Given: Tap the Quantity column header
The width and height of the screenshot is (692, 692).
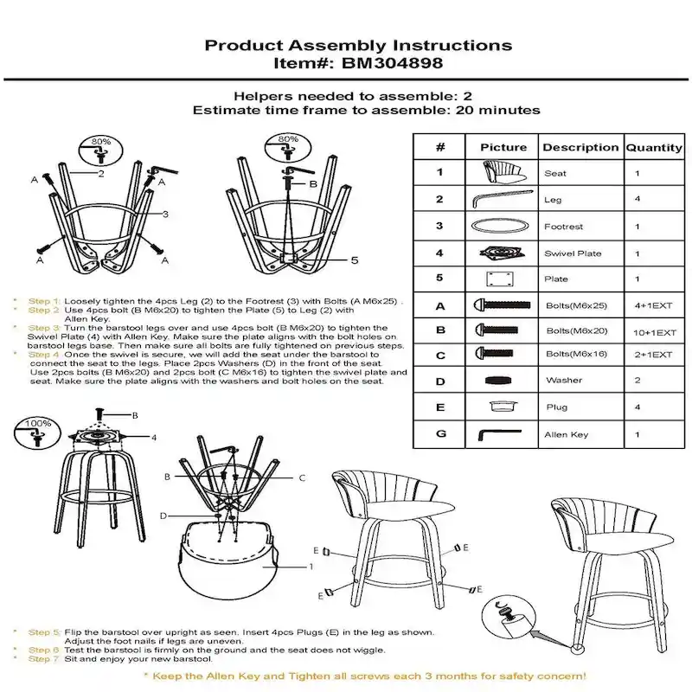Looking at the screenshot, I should point(653,147).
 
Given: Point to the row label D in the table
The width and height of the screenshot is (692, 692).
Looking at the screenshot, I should point(440,381).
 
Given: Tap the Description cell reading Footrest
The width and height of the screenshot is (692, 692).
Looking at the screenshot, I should point(563,227).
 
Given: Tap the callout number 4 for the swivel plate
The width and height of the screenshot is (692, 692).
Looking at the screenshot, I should point(153,438).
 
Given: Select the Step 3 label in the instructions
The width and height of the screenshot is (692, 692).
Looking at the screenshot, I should point(44,328).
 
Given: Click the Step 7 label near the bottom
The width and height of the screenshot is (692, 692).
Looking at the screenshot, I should point(44,659).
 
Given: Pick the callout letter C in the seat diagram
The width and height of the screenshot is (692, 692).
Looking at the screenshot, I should point(302,477).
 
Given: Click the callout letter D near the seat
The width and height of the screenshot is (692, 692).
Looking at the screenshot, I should point(163,516).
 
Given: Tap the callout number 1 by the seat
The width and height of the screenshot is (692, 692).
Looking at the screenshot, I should point(311,567).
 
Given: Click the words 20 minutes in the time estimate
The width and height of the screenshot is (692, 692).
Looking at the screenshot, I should point(500,110).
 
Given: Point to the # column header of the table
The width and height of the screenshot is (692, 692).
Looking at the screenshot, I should point(440,147).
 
